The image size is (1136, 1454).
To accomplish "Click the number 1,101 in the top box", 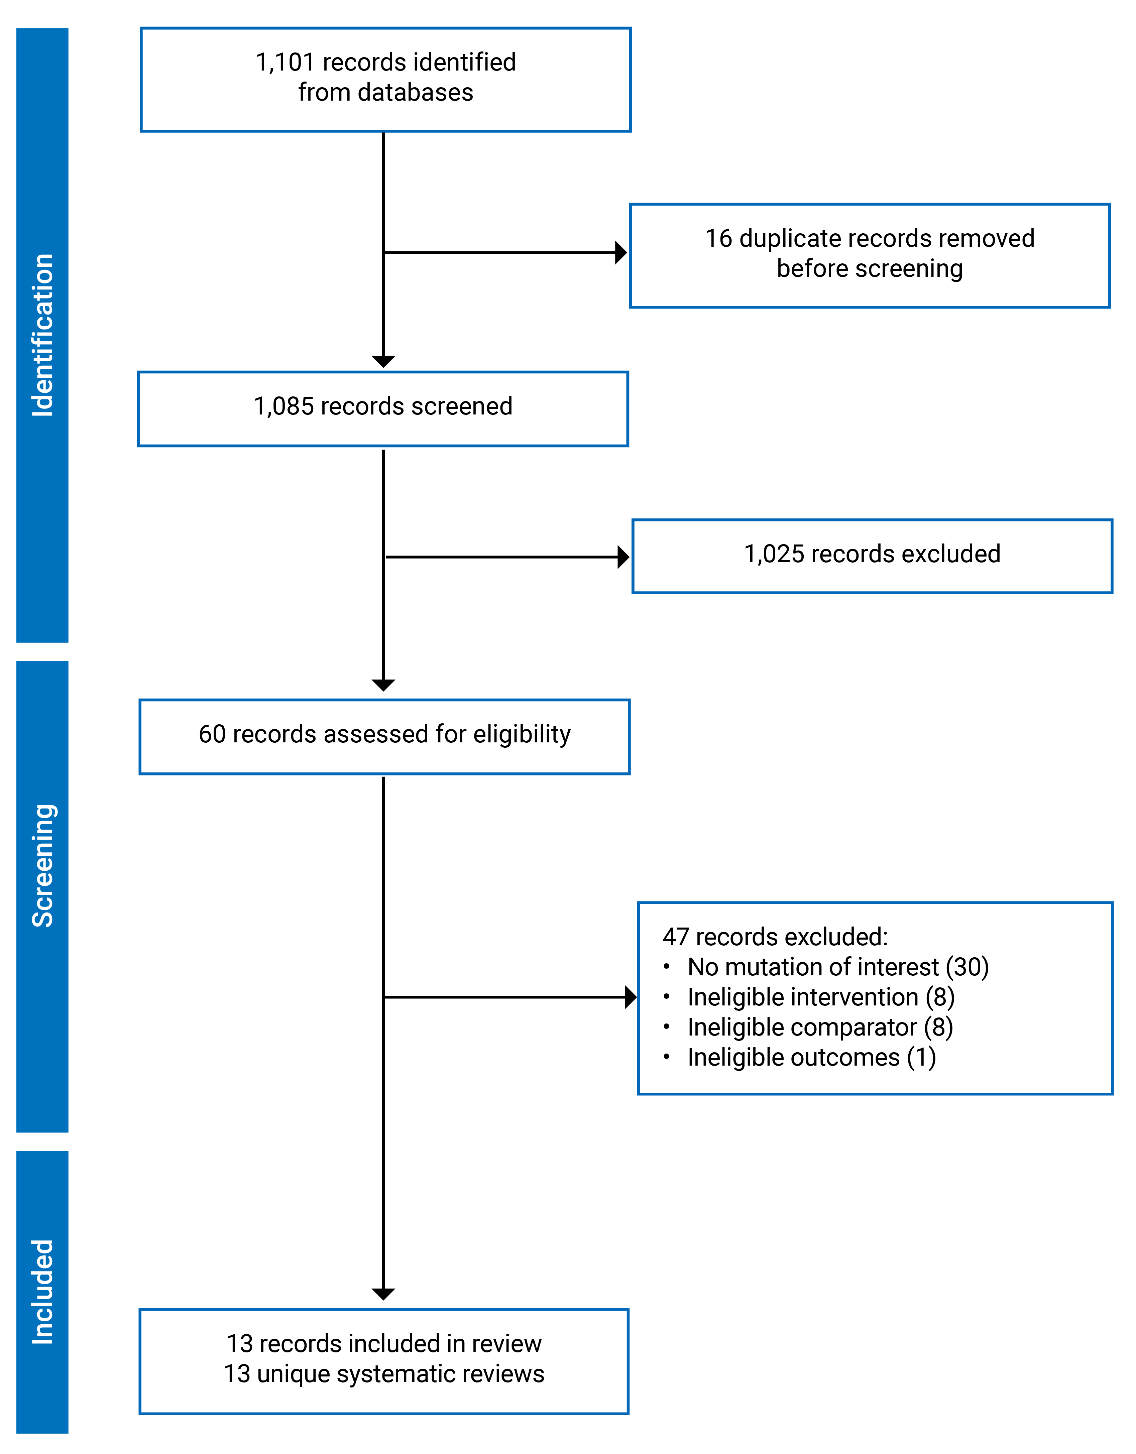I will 285,62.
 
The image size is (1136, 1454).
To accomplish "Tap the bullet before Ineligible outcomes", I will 667,1057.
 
